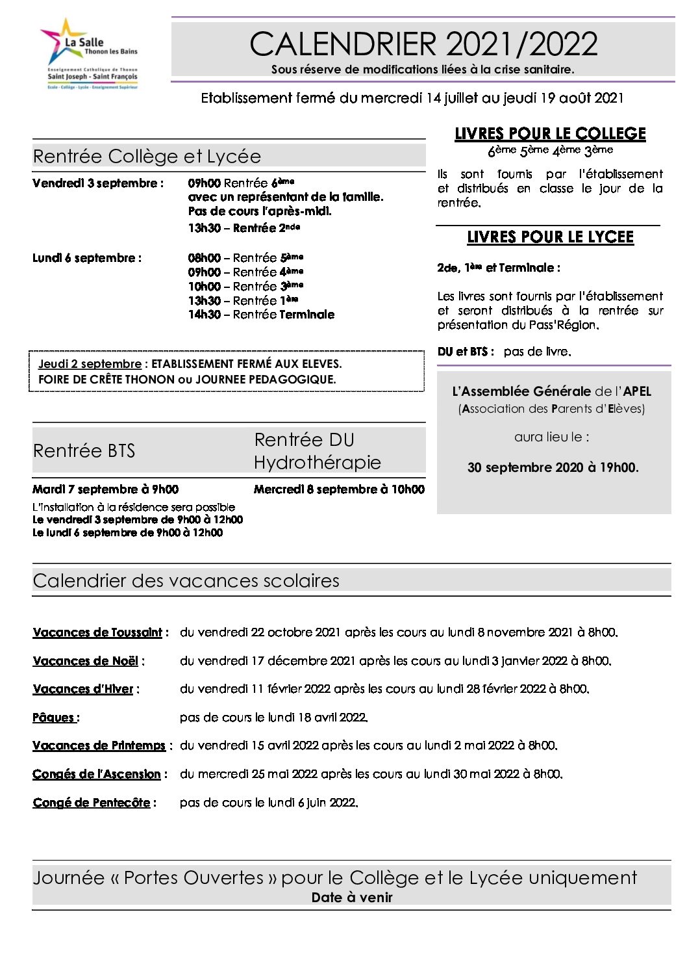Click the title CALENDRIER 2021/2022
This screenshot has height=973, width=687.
coord(423,44)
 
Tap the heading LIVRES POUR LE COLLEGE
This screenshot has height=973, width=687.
coord(550,134)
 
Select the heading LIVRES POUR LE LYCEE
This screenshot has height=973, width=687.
coord(550,237)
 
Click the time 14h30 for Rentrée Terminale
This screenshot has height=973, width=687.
coord(204,315)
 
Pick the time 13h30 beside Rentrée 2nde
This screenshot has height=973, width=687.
coord(204,228)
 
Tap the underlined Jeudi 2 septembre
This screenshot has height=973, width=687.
coord(90,364)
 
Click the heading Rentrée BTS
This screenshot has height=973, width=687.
coord(84,450)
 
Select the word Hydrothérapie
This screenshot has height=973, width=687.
coord(318,462)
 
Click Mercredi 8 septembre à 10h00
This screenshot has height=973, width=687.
coord(339,489)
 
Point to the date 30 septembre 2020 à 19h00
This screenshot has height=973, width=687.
coord(553,467)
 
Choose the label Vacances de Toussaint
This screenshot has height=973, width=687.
coord(97,632)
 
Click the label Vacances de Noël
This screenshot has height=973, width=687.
coord(86,661)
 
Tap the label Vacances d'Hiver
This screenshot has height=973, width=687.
coord(83,689)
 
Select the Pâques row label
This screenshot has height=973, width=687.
coord(55,718)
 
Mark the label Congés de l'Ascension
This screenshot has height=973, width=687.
coord(97,774)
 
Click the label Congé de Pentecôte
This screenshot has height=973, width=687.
coord(92,803)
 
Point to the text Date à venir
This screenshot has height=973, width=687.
coord(352,898)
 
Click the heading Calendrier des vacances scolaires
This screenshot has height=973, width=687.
coord(186,580)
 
